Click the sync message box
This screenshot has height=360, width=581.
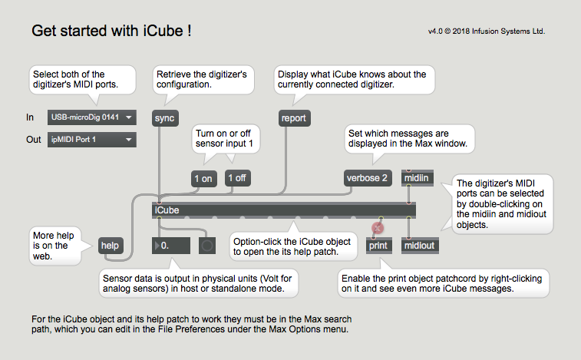pos(165,118)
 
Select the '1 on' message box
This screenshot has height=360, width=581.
pos(203,179)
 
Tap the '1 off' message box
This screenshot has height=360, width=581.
pos(237,178)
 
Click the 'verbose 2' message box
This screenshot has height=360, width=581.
pos(367,178)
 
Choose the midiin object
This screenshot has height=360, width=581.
pos(417,178)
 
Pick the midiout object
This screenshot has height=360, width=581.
pos(420,246)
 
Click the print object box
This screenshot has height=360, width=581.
pos(378,246)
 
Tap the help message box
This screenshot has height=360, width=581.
pos(111,246)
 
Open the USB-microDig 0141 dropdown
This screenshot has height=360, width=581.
pos(92,117)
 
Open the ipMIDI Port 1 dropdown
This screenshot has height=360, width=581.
pos(92,140)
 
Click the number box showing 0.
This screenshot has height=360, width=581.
pos(171,246)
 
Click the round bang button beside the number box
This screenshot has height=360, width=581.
pos(207,246)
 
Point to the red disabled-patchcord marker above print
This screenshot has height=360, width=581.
pos(378,228)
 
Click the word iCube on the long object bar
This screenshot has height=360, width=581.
pos(167,210)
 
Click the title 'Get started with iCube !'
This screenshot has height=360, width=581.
pos(111,31)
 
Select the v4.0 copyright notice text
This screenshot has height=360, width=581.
pos(487,31)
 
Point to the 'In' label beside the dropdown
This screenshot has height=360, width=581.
pos(30,117)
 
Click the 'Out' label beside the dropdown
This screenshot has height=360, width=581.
pos(34,140)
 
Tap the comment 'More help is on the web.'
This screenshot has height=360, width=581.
pos(54,246)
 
